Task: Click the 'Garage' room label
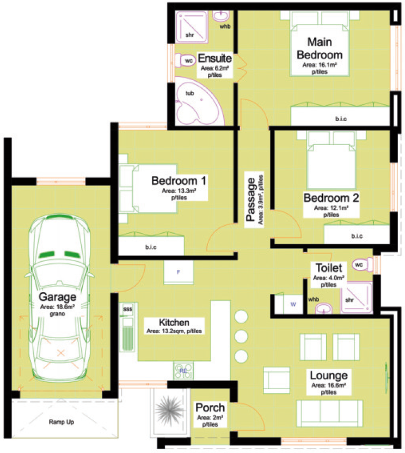point(57,297)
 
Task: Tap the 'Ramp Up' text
point(62,422)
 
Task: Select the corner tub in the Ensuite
point(199,101)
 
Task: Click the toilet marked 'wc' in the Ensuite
point(185,61)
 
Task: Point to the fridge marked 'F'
point(179,272)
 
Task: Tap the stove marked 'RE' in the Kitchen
point(183,371)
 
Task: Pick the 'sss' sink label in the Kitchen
point(127,309)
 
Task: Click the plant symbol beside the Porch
point(169,410)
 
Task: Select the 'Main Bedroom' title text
point(320,49)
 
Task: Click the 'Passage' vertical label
point(250,200)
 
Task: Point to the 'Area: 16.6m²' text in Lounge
point(329,385)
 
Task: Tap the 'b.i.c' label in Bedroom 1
point(151,247)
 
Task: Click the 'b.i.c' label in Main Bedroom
point(341,119)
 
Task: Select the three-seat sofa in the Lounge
point(329,413)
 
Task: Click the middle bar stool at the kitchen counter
point(241,336)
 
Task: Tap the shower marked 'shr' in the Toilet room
point(356,298)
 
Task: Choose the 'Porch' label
point(210,408)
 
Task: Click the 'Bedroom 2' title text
point(332,198)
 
